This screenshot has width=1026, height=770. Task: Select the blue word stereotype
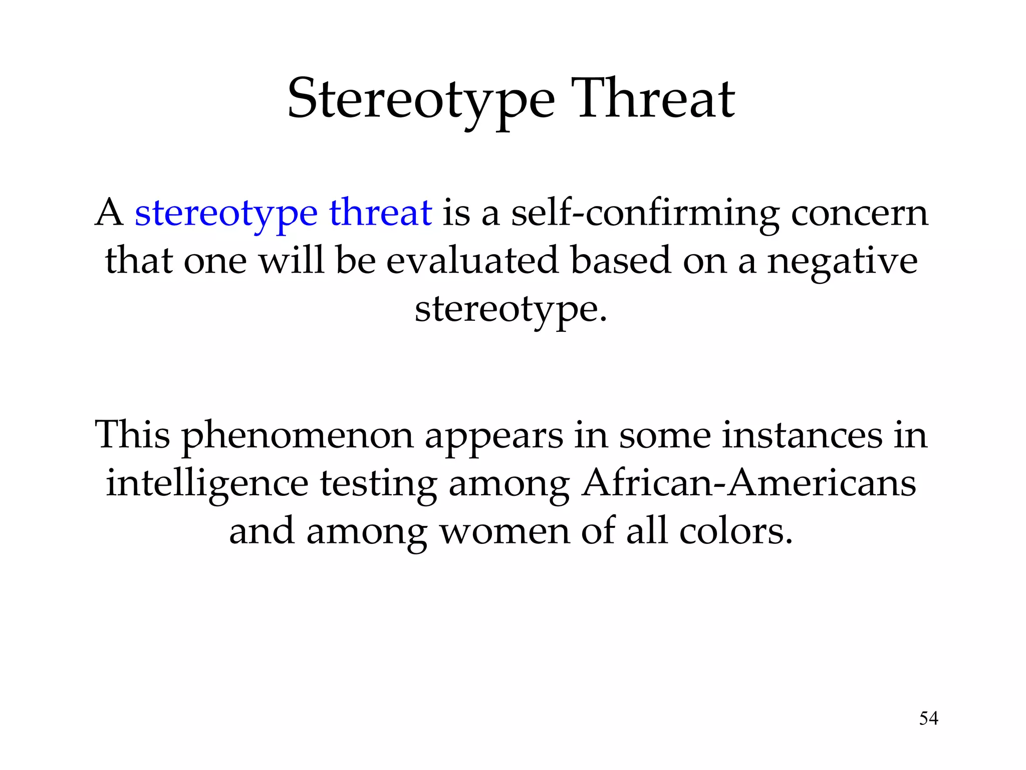226,214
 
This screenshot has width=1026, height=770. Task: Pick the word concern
860,214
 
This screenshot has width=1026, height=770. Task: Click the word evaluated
472,261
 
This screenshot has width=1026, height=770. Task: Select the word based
621,261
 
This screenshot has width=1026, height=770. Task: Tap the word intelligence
207,484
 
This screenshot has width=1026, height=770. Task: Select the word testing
378,484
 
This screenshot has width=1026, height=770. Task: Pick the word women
504,531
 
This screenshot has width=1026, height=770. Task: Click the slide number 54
929,718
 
